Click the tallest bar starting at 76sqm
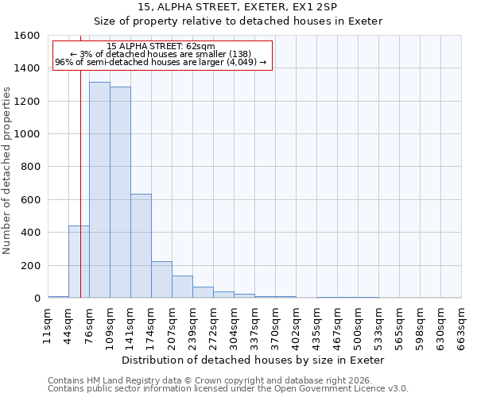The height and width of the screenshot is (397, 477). tap(99, 191)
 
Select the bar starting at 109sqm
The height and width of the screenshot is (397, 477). tap(120, 193)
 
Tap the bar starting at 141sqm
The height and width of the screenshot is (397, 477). tap(141, 246)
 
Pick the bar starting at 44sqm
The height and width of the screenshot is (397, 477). tap(79, 262)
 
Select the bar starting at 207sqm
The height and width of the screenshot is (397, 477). tap(182, 287)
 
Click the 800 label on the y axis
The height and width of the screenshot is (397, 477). tap(32, 168)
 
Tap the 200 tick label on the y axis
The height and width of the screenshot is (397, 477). tap(32, 266)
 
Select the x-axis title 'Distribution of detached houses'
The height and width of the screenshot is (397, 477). tap(254, 360)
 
